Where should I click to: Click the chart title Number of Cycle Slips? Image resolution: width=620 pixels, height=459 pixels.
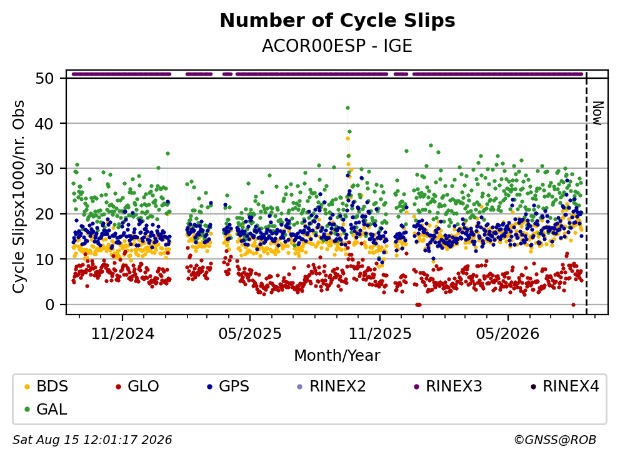337,21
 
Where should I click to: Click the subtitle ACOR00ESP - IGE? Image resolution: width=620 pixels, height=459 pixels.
337,46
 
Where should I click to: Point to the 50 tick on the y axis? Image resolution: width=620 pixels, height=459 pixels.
44,78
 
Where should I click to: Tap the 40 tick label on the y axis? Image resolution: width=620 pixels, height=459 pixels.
44,123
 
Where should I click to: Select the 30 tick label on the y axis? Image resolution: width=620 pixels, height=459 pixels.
44,169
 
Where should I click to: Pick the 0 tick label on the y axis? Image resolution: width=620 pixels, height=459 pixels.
49,305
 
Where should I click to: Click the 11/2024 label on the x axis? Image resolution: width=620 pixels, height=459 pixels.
122,334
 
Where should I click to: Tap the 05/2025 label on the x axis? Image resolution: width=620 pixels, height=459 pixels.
250,334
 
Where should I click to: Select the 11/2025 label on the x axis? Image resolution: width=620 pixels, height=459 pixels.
380,334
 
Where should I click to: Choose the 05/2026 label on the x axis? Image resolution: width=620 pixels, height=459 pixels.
507,334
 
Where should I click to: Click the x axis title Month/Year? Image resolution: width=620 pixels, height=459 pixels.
337,355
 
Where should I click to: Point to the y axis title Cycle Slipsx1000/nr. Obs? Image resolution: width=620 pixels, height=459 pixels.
18,196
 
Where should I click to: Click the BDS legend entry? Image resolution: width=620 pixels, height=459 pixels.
47,386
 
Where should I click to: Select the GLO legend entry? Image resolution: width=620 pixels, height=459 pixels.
137,386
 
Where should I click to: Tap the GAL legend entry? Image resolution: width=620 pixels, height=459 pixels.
46,409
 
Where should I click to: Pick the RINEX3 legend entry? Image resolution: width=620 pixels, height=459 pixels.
447,386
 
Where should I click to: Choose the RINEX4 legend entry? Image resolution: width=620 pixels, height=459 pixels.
564,386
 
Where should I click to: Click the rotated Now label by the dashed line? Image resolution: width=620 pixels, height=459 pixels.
597,113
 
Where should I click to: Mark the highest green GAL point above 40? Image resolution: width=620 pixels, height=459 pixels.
347,108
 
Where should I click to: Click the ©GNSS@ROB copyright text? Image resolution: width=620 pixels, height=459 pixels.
555,440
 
